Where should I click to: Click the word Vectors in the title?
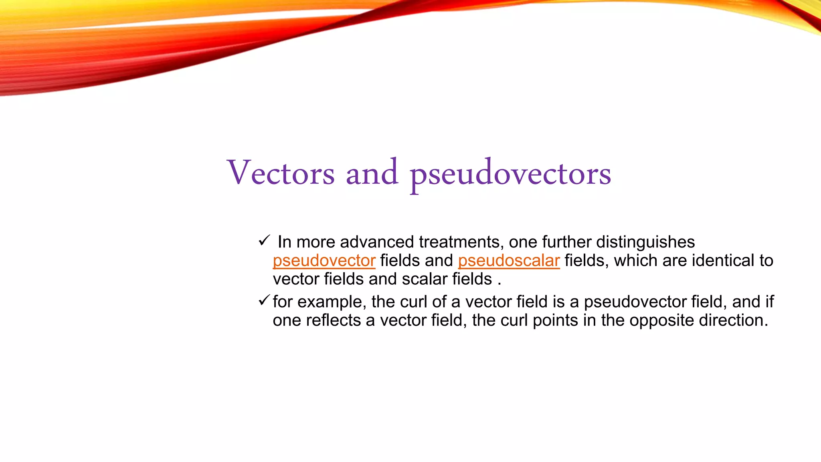(281, 173)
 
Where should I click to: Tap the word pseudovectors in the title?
(510, 173)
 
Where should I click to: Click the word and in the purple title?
(372, 173)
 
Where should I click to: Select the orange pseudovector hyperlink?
(324, 261)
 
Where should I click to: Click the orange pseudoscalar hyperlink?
(509, 261)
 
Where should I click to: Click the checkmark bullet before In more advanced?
(265, 241)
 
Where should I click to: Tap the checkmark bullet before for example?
(264, 300)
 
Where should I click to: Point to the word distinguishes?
(645, 242)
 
